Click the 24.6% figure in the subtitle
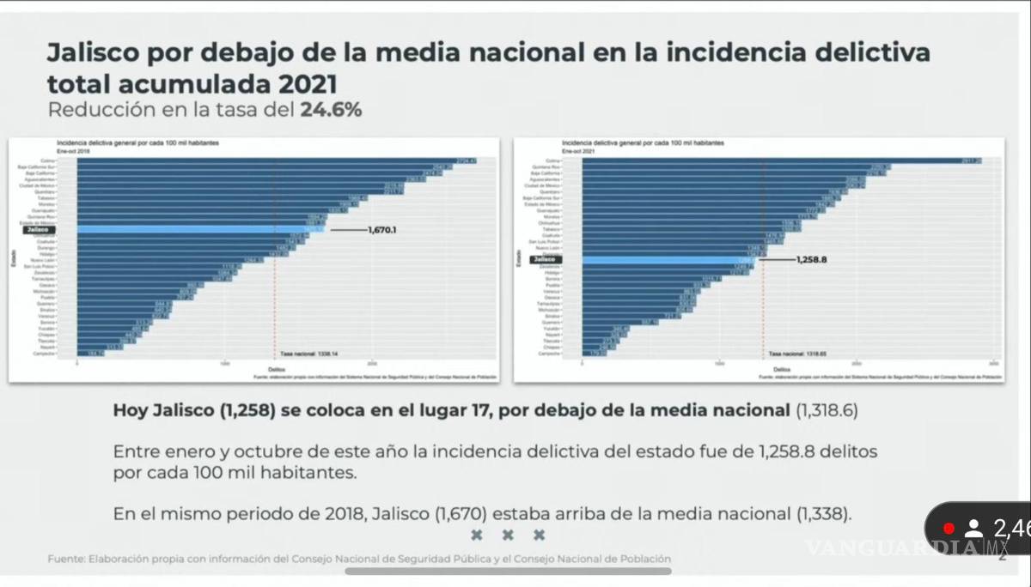[x=331, y=110]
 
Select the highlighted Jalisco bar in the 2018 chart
[x=198, y=230]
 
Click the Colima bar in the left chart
[x=275, y=160]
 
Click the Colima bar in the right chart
[x=773, y=160]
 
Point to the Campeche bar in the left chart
[x=90, y=353]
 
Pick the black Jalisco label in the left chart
[x=40, y=230]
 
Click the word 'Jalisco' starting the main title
[x=95, y=53]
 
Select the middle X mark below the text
[x=508, y=536]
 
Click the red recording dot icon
[x=949, y=528]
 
